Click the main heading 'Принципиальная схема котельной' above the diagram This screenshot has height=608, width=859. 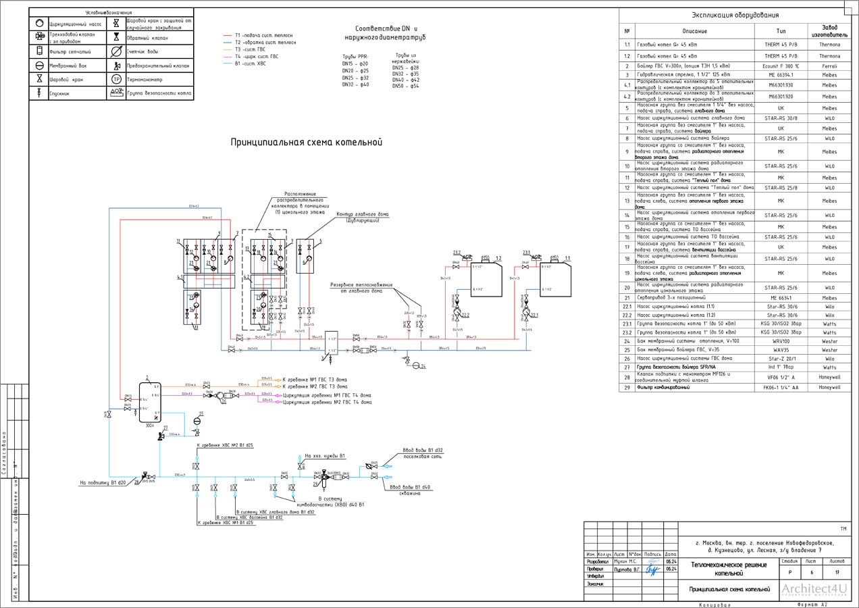(x=307, y=143)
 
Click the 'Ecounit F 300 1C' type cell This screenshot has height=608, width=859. (x=780, y=66)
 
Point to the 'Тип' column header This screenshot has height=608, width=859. (x=780, y=31)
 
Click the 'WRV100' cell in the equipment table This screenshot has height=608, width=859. (x=780, y=341)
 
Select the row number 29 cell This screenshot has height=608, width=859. (x=627, y=388)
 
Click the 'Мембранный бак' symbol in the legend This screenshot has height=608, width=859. (x=40, y=66)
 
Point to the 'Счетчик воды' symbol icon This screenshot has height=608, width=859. (x=116, y=51)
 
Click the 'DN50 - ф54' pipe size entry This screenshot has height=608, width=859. (x=405, y=86)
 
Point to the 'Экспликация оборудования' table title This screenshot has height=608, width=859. (x=735, y=15)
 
